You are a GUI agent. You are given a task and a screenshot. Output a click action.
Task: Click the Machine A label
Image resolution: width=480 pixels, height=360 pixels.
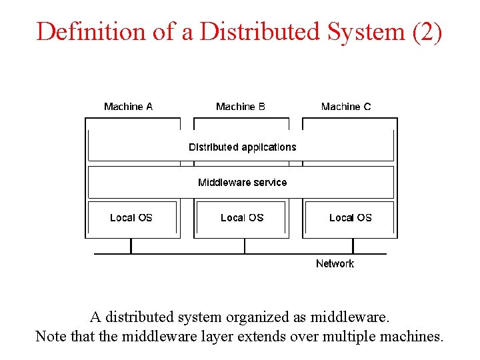tap(128, 107)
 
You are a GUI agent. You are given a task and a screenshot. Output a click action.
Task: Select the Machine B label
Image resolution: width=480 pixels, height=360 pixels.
tap(241, 107)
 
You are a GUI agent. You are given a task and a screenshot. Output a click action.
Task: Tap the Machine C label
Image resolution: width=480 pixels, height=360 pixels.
tap(346, 107)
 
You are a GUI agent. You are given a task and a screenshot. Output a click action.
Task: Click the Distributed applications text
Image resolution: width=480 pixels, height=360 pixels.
tap(242, 147)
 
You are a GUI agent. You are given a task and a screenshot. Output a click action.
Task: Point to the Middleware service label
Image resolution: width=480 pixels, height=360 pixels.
tap(242, 182)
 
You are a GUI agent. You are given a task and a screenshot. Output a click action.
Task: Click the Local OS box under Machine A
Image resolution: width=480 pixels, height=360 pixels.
tap(131, 218)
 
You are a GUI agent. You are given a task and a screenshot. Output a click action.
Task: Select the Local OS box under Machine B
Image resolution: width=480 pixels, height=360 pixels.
tap(242, 218)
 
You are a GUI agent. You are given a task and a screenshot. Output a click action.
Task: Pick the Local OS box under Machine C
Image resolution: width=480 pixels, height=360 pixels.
tap(351, 218)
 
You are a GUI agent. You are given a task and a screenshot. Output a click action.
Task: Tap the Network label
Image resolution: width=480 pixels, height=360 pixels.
tap(335, 264)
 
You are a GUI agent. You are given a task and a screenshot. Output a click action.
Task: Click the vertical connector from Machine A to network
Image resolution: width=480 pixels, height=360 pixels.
tap(131, 246)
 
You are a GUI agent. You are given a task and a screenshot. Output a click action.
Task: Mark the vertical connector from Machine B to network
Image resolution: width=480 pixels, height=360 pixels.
tap(245, 246)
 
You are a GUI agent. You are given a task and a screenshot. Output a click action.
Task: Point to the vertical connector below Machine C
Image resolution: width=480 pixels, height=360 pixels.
tap(353, 246)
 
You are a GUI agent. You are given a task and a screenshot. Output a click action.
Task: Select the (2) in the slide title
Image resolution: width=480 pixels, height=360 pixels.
tap(427, 31)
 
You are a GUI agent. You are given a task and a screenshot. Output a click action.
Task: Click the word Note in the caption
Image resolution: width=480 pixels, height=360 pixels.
tap(51, 336)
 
